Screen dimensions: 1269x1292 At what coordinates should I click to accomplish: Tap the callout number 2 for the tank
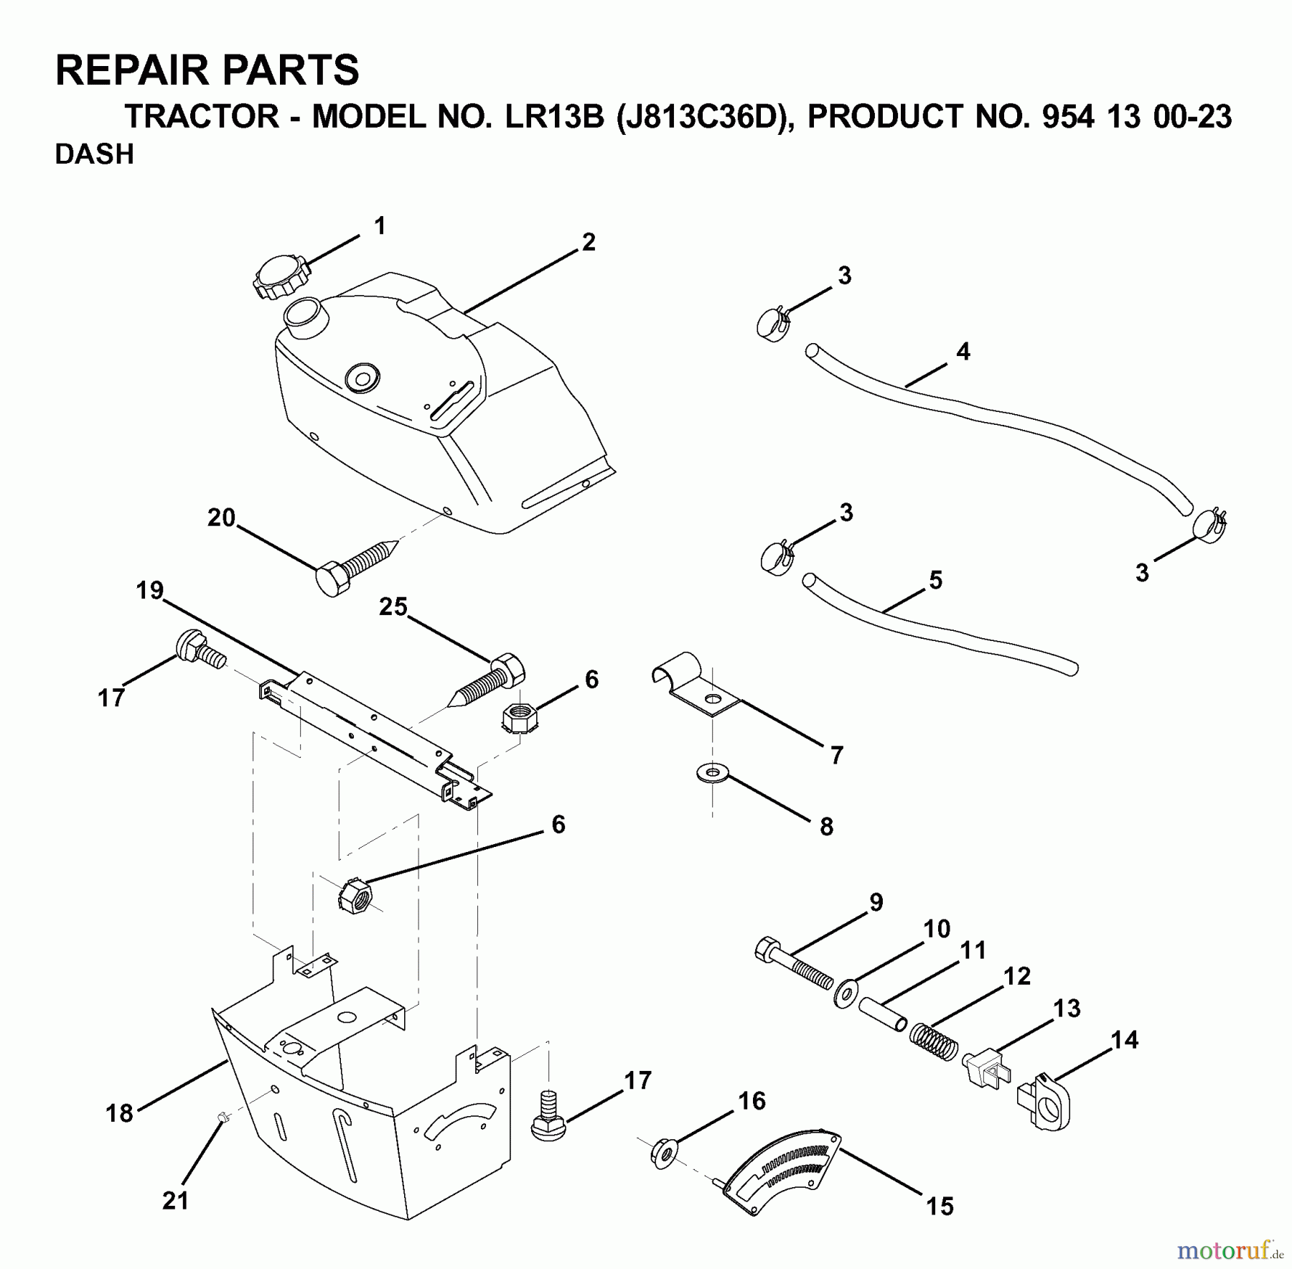point(589,243)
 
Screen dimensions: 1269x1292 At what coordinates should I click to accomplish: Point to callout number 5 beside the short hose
point(935,580)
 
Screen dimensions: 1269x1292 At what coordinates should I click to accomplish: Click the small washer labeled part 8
point(711,774)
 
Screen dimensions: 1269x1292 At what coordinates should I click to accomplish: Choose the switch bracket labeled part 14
point(1044,1103)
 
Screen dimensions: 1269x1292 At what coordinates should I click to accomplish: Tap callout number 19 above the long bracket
point(150,591)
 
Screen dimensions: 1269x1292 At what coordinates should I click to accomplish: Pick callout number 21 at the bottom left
point(175,1200)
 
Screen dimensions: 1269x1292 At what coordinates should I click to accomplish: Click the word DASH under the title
point(94,155)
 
